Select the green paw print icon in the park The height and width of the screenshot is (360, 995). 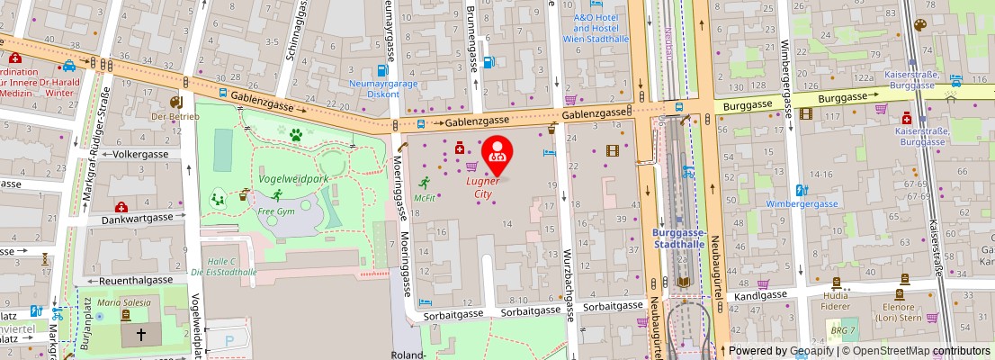click(295, 135)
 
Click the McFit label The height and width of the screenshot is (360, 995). click(425, 197)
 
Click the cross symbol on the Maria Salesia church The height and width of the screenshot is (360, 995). click(140, 333)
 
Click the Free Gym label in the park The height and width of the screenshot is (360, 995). click(276, 211)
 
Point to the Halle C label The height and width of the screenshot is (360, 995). click(220, 261)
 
